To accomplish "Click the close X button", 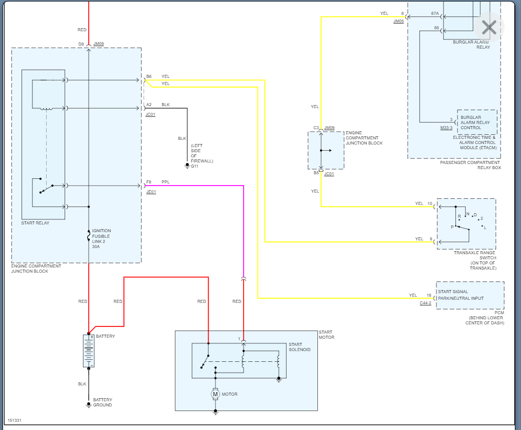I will pyautogui.click(x=489, y=28).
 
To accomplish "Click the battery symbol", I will pyautogui.click(x=89, y=351).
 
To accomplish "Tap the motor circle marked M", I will pyautogui.click(x=215, y=394).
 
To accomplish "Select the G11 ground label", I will pyautogui.click(x=194, y=166).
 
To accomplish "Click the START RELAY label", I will pyautogui.click(x=35, y=223).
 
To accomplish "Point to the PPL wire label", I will pyautogui.click(x=165, y=182).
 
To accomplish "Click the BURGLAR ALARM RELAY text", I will pyautogui.click(x=471, y=45).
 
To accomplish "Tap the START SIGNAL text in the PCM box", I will pyautogui.click(x=453, y=292).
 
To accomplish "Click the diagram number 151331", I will pyautogui.click(x=14, y=420).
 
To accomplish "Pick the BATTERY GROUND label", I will pyautogui.click(x=103, y=402).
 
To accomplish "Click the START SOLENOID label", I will pyautogui.click(x=299, y=347).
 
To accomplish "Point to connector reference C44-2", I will pyautogui.click(x=426, y=303).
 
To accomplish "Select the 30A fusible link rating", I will pyautogui.click(x=96, y=247).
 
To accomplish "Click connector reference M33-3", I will pyautogui.click(x=446, y=128).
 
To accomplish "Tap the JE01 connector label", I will pyautogui.click(x=151, y=192).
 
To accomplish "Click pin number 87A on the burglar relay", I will pyautogui.click(x=435, y=14).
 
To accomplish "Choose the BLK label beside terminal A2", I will pyautogui.click(x=166, y=105).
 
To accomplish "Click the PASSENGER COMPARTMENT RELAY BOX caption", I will pyautogui.click(x=470, y=165).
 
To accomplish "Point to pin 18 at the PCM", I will pyautogui.click(x=429, y=295).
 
